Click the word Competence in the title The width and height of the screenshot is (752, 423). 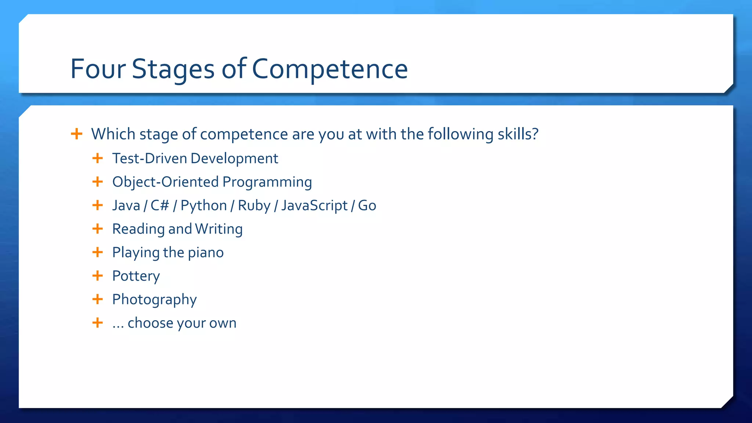click(x=330, y=69)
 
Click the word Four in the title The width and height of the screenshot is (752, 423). click(x=98, y=69)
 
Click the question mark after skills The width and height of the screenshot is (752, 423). click(x=535, y=134)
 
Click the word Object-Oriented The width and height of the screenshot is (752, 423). click(x=165, y=182)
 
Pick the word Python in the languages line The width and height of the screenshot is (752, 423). click(x=203, y=206)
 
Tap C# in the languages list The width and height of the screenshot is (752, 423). click(x=160, y=205)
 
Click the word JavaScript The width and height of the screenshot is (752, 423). click(x=314, y=206)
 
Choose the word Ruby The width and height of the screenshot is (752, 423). click(x=254, y=206)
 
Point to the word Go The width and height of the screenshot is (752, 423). click(x=367, y=205)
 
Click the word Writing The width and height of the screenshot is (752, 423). click(x=218, y=229)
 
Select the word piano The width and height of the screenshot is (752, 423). click(x=206, y=253)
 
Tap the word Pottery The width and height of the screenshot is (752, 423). click(x=136, y=276)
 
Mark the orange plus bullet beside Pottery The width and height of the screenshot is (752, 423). click(x=97, y=275)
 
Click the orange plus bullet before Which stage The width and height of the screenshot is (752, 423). click(x=76, y=134)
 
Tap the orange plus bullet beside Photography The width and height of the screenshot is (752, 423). click(x=97, y=299)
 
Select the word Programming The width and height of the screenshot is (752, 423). click(x=267, y=182)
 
